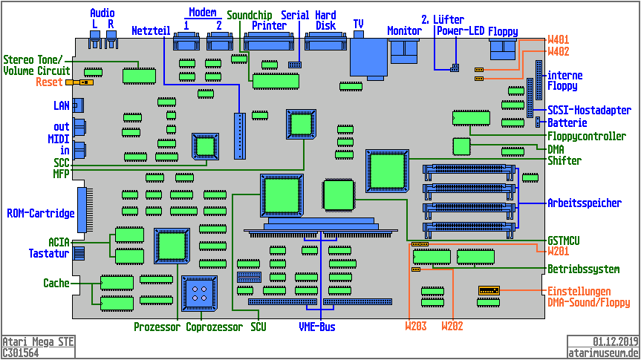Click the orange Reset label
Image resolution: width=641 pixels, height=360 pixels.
tap(49, 82)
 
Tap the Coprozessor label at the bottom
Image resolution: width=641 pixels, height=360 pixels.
tap(215, 327)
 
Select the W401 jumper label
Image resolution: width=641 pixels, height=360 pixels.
tap(559, 39)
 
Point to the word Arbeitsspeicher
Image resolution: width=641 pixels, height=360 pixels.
tap(584, 203)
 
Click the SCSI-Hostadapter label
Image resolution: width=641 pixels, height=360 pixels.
tap(584, 110)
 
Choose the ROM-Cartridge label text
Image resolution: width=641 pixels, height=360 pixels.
tap(41, 214)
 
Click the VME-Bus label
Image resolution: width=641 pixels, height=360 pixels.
tap(317, 327)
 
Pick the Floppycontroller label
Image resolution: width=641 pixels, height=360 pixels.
tap(586, 137)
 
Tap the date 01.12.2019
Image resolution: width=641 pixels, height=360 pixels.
tap(616, 342)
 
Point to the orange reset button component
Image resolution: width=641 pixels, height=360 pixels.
tap(74, 82)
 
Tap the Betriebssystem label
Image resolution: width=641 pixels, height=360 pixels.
tap(584, 269)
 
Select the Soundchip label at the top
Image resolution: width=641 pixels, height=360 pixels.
tap(249, 15)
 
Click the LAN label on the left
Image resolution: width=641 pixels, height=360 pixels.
tap(62, 106)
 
